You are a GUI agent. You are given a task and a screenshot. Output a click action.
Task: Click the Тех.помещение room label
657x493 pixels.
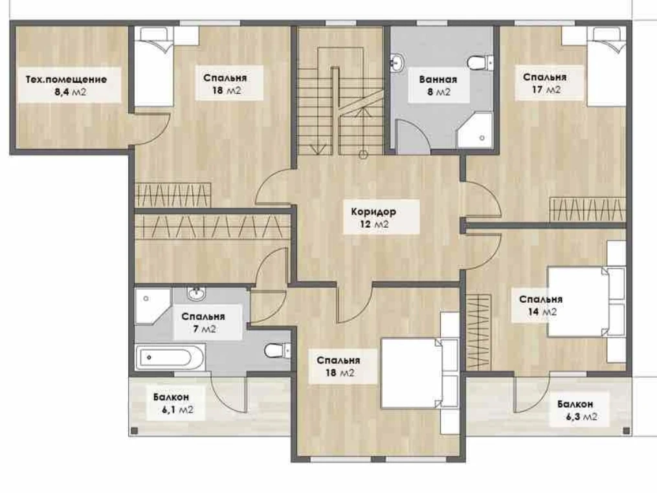[66, 79]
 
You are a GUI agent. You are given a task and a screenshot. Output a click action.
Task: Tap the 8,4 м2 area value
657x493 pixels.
[71, 92]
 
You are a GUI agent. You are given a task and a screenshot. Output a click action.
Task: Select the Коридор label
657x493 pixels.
[373, 212]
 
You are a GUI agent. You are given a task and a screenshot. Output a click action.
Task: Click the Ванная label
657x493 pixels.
[438, 79]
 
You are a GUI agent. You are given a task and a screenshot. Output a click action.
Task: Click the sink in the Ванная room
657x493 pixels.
[396, 63]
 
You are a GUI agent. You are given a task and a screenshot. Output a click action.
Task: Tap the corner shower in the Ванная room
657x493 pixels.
[474, 130]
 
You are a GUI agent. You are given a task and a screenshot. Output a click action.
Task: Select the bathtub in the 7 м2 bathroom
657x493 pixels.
[170, 357]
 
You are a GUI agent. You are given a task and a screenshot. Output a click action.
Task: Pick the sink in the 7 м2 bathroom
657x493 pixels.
[196, 293]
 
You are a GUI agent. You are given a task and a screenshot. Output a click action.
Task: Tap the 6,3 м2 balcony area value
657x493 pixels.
[581, 417]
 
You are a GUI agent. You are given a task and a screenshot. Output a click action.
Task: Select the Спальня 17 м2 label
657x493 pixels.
[545, 83]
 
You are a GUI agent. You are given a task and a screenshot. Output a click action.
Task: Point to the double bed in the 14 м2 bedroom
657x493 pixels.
[586, 301]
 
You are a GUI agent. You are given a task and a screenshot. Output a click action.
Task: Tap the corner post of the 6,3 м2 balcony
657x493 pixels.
[627, 431]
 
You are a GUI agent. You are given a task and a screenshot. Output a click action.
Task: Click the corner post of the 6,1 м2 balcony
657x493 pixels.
[134, 430]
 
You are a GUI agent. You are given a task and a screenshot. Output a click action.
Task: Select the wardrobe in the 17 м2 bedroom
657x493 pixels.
[588, 210]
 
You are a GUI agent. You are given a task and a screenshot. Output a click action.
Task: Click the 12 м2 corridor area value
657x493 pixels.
[374, 225]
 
